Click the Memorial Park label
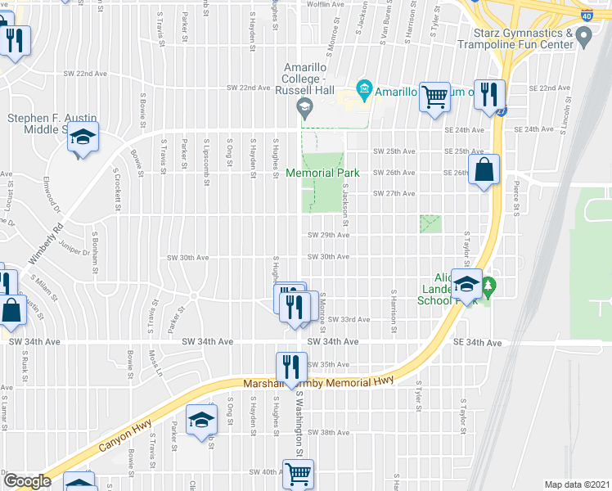coord(322,173)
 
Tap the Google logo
coord(27,481)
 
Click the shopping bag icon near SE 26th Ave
coord(484,170)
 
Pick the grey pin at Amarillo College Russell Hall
coord(304,105)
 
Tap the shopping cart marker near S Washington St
coord(298,474)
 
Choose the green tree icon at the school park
coord(489,286)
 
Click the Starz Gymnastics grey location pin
coord(583,36)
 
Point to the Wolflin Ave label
coord(325,5)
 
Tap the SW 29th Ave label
coord(328,236)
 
